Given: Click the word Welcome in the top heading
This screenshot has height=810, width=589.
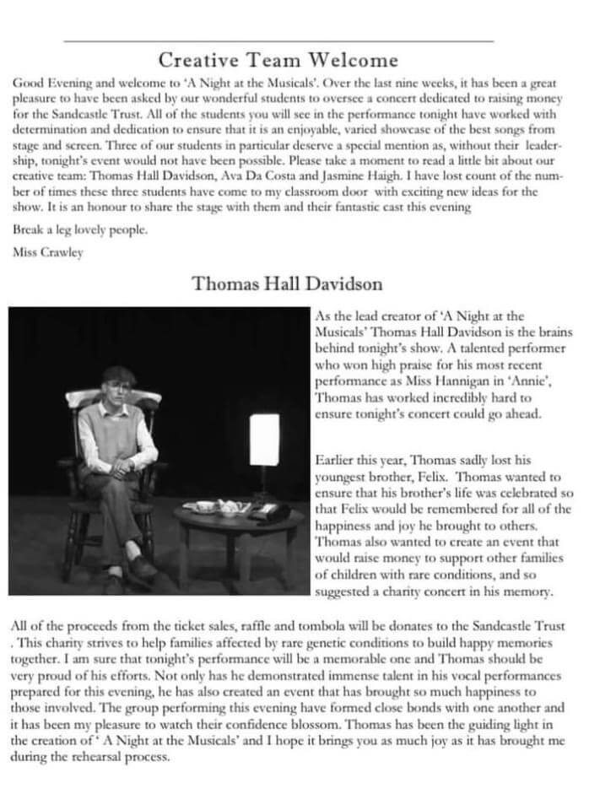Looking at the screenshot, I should [353, 60].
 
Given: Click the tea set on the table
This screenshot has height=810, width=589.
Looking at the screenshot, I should [218, 506].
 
